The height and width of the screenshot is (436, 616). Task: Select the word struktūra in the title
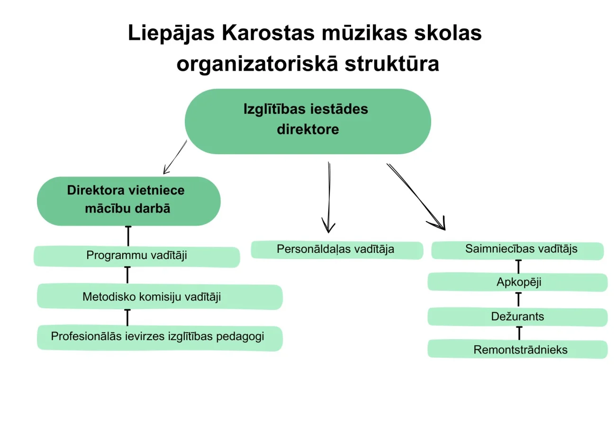[x=392, y=64]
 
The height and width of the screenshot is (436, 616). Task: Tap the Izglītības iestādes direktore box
[x=308, y=121]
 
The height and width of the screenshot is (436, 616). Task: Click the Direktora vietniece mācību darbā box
[x=129, y=201]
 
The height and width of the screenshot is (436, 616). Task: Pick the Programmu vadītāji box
[x=136, y=257]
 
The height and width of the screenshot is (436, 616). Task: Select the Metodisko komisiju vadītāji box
[x=160, y=297]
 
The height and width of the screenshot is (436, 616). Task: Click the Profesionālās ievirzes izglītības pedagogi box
[x=160, y=338]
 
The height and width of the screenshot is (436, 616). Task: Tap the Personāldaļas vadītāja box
[x=337, y=250]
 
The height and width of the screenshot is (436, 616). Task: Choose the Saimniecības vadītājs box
[x=517, y=250]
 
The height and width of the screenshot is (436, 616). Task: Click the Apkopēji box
[x=517, y=282]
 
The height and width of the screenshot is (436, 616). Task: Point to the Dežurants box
[x=517, y=317]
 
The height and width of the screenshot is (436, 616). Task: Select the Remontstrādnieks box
[x=517, y=349]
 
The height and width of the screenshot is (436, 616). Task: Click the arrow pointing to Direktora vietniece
[x=175, y=158]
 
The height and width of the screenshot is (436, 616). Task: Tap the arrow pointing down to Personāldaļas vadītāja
[x=329, y=197]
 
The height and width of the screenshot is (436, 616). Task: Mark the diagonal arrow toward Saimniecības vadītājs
[x=416, y=197]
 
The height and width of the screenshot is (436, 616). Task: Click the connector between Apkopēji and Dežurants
[x=518, y=299]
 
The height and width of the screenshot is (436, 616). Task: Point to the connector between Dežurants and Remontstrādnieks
[x=519, y=333]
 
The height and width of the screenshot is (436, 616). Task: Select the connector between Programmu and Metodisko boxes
[x=127, y=275]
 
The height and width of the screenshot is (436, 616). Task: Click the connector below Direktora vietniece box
[x=128, y=236]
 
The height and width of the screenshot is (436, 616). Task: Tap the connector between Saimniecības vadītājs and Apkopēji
[x=518, y=267]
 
